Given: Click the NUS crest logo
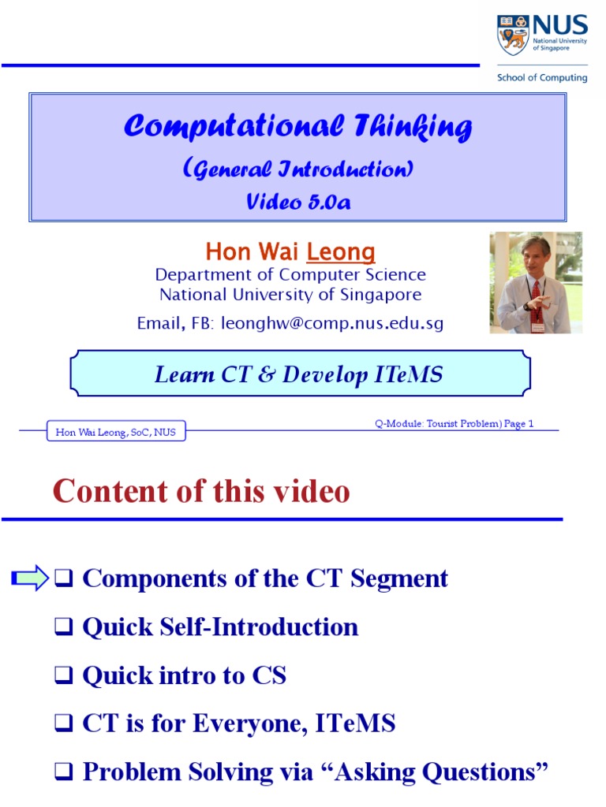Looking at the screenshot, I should (x=513, y=35).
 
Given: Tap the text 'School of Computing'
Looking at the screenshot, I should (x=541, y=77).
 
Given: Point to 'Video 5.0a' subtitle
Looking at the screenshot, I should (x=297, y=202).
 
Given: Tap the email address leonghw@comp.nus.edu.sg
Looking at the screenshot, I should (x=332, y=323).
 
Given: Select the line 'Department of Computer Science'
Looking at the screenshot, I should (x=290, y=275).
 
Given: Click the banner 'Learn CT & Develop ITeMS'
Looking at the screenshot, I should (x=298, y=375).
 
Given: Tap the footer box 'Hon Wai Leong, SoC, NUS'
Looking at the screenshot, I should (x=116, y=432).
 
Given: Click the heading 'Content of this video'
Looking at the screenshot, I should (x=201, y=492).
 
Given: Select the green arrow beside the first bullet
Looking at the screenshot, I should (x=30, y=579).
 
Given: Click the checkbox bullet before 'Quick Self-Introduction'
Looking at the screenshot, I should (x=64, y=628).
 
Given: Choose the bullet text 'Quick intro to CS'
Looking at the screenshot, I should (x=184, y=675).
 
